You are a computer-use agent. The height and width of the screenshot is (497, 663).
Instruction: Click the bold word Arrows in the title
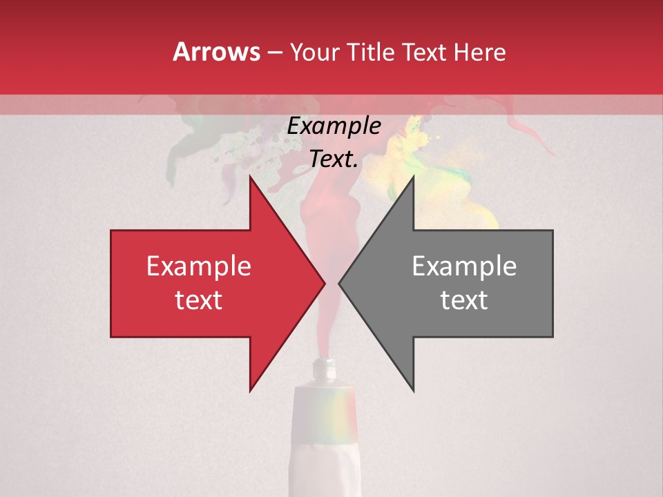[x=216, y=52]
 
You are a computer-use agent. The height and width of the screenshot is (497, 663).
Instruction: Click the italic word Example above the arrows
[x=334, y=126]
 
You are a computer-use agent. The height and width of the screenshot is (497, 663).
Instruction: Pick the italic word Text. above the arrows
[x=334, y=159]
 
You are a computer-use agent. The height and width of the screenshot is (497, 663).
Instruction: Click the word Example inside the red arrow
[x=198, y=266]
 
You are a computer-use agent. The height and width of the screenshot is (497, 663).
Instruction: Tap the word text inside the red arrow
[x=198, y=300]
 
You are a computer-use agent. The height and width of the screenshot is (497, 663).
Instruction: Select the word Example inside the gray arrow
[x=464, y=266]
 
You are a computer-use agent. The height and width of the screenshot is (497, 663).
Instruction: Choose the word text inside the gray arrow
[x=464, y=300]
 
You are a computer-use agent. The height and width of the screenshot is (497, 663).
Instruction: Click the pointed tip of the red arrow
[x=324, y=283]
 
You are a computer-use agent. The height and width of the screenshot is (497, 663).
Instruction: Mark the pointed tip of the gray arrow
[x=340, y=283]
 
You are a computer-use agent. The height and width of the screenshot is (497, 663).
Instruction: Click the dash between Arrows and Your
[x=274, y=52]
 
